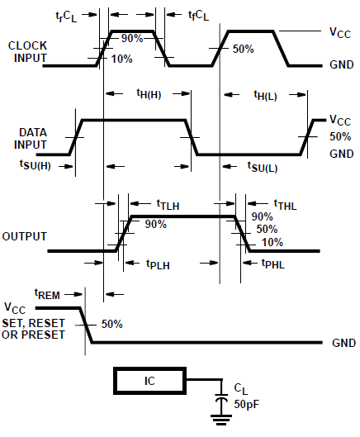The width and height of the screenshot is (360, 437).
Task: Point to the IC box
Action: click(150, 381)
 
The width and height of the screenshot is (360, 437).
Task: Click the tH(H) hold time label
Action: click(149, 95)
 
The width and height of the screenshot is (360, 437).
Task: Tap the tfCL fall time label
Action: click(198, 14)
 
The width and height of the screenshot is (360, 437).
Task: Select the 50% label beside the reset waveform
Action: click(111, 324)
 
